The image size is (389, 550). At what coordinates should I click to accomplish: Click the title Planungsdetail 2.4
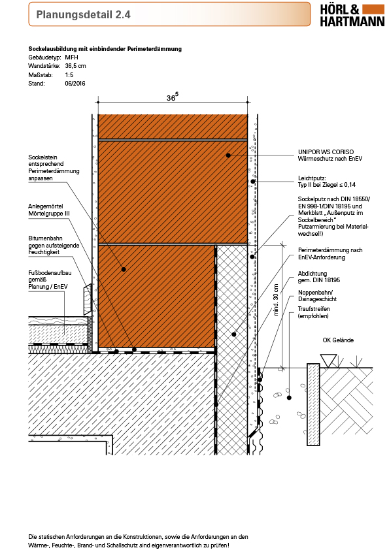coord(83,15)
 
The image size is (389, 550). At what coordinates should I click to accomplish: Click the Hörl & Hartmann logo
coord(352,16)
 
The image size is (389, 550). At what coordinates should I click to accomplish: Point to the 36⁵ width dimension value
coord(172,97)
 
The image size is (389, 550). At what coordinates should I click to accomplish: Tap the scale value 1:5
coord(69,74)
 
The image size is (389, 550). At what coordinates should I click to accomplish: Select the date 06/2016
coord(75,84)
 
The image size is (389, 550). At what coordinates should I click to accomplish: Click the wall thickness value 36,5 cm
coord(75,66)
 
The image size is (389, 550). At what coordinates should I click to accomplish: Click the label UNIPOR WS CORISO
coord(326,152)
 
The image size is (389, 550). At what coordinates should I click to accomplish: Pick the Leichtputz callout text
coord(327,182)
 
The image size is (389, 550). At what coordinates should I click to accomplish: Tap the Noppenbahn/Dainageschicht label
coord(317,296)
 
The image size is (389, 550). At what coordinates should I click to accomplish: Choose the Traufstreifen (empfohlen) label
coord(314,312)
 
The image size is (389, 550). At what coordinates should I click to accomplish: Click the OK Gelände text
coord(338,340)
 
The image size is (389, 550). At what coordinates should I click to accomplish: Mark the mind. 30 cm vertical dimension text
coord(276,300)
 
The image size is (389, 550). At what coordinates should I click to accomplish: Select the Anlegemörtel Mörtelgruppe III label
coord(49,210)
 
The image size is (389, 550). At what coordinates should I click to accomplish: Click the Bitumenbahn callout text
coord(54,245)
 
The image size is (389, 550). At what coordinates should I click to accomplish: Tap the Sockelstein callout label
coord(54,168)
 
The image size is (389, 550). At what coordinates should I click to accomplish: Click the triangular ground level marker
coord(329,361)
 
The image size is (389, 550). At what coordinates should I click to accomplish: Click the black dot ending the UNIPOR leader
coord(228,155)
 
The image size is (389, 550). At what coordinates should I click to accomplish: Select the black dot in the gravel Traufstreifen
coord(289,397)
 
